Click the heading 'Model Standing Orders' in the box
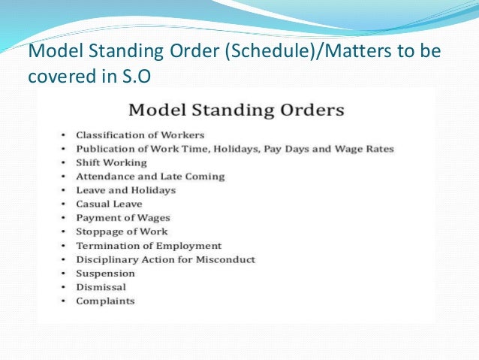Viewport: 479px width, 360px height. [x=236, y=110]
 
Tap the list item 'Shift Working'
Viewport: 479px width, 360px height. [x=111, y=162]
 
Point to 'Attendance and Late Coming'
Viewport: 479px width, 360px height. [x=150, y=177]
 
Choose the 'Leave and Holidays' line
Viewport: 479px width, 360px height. [x=125, y=190]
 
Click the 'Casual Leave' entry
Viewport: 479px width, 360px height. [x=109, y=204]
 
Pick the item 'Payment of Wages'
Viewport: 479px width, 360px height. [x=122, y=218]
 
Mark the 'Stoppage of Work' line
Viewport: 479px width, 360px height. [x=122, y=231]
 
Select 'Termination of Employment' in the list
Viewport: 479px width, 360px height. [x=149, y=246]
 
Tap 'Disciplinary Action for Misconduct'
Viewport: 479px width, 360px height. [x=165, y=259]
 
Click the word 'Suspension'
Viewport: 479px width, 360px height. [x=105, y=274]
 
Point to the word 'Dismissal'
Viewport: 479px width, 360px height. [x=101, y=287]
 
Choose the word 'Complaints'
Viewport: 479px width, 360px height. [x=105, y=301]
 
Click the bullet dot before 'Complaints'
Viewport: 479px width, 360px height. [x=65, y=301]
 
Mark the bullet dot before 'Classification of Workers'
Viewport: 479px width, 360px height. [x=65, y=135]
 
